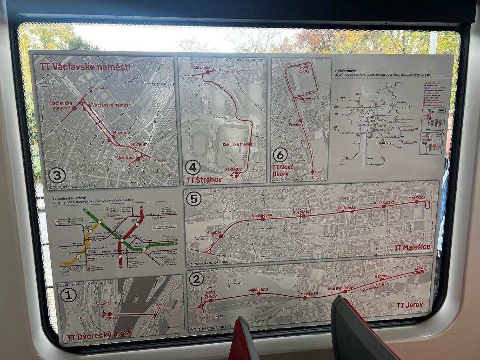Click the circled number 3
[x=57, y=175]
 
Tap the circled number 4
[x=193, y=167]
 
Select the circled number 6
[x=280, y=154]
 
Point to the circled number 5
[x=193, y=199]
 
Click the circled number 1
[x=68, y=295]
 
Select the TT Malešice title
[x=413, y=247]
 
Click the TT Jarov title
[x=410, y=305]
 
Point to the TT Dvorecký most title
[x=99, y=333]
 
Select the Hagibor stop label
[x=214, y=232]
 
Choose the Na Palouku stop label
[x=261, y=215]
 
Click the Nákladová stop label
[x=259, y=290]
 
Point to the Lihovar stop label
[x=111, y=317]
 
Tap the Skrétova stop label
[x=125, y=158]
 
